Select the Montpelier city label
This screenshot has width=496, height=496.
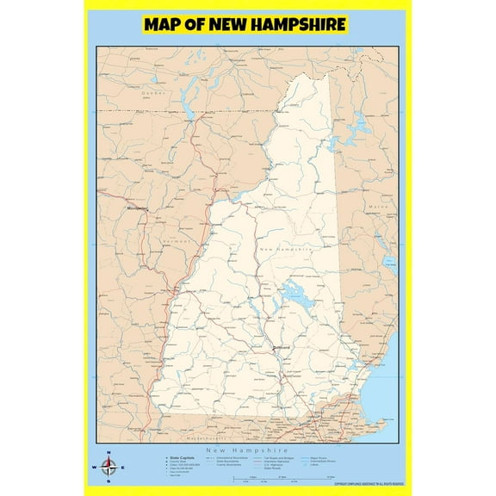point(138,208)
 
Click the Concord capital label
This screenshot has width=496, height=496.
point(281,347)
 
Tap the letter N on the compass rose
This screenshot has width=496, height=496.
point(108,452)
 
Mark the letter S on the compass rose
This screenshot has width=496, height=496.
point(108,483)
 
